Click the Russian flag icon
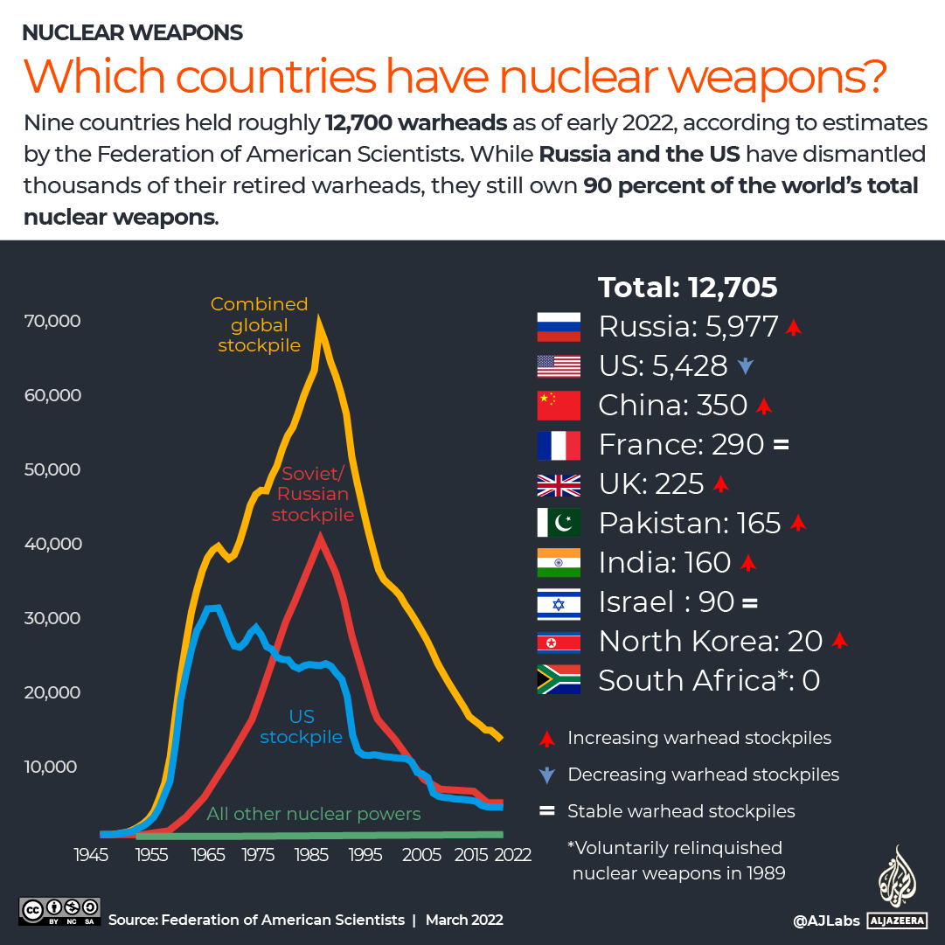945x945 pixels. [x=559, y=326]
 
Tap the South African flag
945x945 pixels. [x=559, y=680]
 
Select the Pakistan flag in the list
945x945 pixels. [x=559, y=523]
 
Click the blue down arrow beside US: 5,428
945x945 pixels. [x=745, y=367]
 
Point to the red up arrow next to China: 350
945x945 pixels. [x=764, y=406]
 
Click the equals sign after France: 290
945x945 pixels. [x=781, y=445]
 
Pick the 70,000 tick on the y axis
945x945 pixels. [x=53, y=321]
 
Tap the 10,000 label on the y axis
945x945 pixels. [x=53, y=767]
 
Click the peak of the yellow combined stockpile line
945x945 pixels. [x=320, y=320]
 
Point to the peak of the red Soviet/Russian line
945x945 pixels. [x=321, y=539]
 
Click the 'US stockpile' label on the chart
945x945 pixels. [x=302, y=727]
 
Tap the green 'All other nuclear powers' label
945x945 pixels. [x=314, y=814]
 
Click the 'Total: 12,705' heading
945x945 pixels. [x=687, y=288]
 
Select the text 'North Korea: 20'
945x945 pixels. [x=711, y=641]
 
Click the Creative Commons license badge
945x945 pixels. [x=59, y=912]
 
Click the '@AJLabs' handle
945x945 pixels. [x=824, y=921]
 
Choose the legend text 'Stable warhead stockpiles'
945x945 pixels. [x=681, y=811]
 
